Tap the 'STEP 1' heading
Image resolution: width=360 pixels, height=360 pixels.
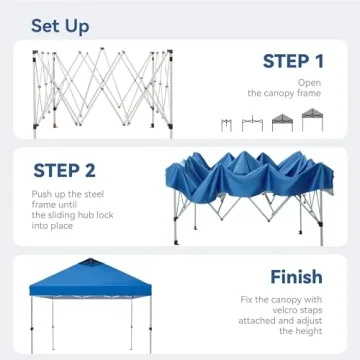point(293,62)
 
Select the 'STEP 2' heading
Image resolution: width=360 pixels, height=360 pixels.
point(64,170)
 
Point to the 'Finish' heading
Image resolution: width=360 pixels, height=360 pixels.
point(296,277)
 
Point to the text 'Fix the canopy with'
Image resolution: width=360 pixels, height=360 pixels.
point(283,299)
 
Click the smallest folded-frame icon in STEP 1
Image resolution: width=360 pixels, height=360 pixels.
point(227,124)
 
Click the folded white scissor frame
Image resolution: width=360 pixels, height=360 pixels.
point(100,90)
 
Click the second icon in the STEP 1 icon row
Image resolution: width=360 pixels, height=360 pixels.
point(253,123)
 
